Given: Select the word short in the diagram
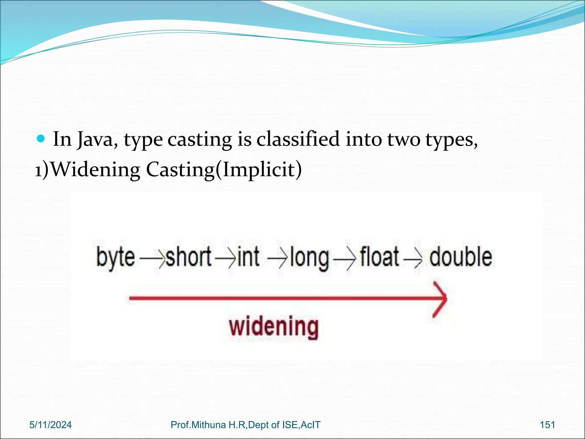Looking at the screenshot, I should pyautogui.click(x=189, y=257).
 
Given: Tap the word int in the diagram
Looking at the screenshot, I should pyautogui.click(x=248, y=257).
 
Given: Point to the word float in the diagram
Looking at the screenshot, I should pyautogui.click(x=379, y=257).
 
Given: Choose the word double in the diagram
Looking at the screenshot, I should pyautogui.click(x=460, y=257).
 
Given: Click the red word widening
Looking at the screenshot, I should pyautogui.click(x=273, y=327).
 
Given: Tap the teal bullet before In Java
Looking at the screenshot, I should pyautogui.click(x=41, y=139).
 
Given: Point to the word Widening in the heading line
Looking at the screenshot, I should pyautogui.click(x=96, y=170).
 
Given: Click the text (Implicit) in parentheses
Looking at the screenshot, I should pyautogui.click(x=258, y=170).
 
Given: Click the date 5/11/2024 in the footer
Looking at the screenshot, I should pyautogui.click(x=51, y=425).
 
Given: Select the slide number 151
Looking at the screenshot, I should pyautogui.click(x=547, y=425).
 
